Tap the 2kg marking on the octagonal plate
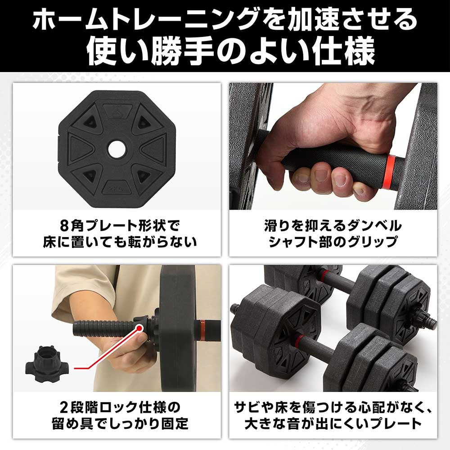click(x=117, y=187)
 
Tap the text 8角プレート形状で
click(x=117, y=225)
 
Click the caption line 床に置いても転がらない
click(x=117, y=243)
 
